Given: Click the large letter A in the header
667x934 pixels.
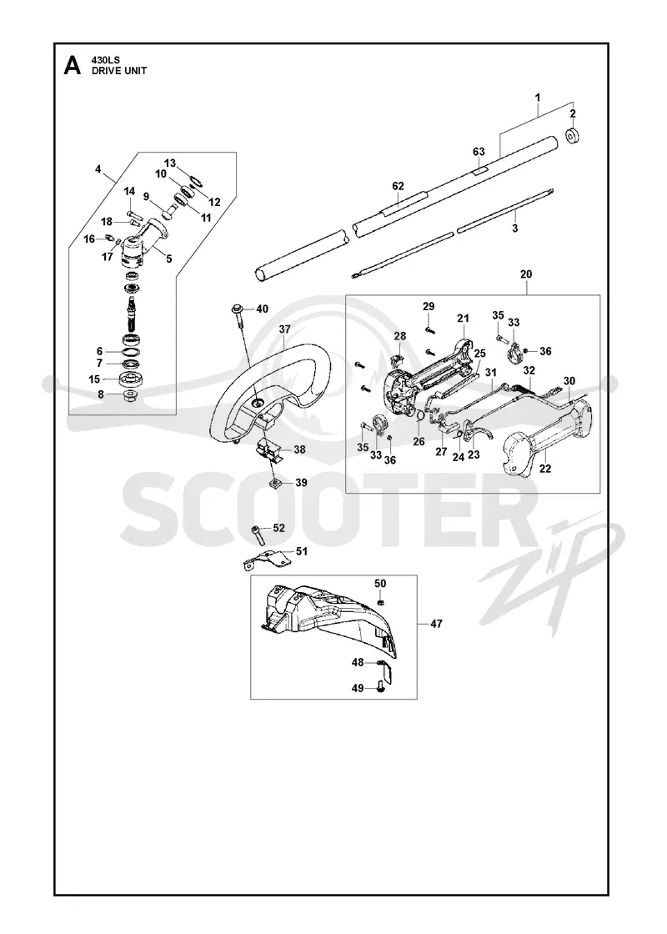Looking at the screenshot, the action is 72,66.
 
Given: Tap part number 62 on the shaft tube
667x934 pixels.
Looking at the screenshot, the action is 398,187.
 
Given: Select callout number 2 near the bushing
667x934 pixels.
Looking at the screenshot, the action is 572,113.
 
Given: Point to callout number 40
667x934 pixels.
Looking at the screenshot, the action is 262,309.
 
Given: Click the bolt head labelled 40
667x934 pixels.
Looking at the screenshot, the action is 236,309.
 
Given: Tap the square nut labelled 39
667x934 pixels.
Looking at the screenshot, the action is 276,483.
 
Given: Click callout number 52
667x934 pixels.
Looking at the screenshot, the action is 278,528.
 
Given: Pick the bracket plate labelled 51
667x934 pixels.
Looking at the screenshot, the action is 269,560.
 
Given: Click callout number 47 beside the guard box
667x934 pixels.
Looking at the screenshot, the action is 437,624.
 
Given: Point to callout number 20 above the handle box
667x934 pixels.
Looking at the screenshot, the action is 526,274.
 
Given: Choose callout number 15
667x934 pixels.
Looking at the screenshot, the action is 95,379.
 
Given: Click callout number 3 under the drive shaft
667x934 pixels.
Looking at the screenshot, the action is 514,228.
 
